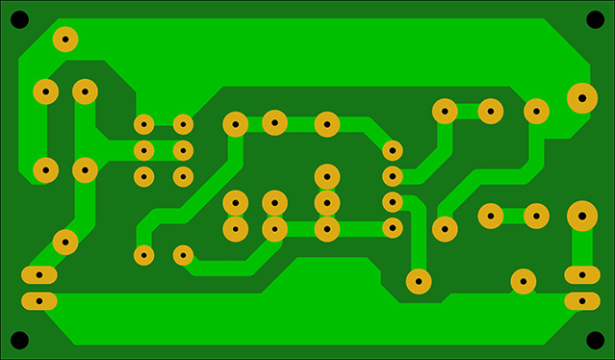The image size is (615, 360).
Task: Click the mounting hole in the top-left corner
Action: coord(20,19)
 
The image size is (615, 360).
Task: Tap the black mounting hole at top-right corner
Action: coord(595,19)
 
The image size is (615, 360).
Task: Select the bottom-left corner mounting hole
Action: coord(20,340)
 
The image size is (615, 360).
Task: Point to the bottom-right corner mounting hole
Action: coord(595,340)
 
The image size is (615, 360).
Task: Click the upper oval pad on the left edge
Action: coord(39,276)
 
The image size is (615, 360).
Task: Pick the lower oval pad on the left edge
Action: coord(39,301)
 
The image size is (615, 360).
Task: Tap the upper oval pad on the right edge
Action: coord(581,276)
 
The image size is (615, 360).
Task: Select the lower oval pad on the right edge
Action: coord(581,301)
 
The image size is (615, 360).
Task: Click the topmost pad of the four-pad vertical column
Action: coord(392,150)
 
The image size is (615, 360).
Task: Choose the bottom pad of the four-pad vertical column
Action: coord(392,228)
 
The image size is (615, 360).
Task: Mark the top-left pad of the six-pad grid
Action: coord(143,124)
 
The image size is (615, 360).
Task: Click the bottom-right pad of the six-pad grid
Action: coord(183,176)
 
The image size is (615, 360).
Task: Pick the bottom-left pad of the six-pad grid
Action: coord(143,176)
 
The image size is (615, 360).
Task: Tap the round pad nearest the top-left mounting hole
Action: coord(65,39)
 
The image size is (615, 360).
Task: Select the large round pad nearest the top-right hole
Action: coord(581,97)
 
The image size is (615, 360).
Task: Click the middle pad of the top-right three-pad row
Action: coord(491,111)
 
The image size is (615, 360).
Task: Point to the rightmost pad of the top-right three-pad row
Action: coord(536,111)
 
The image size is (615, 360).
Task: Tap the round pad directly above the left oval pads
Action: coord(65,242)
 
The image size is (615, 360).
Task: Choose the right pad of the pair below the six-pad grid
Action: coord(183,255)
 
